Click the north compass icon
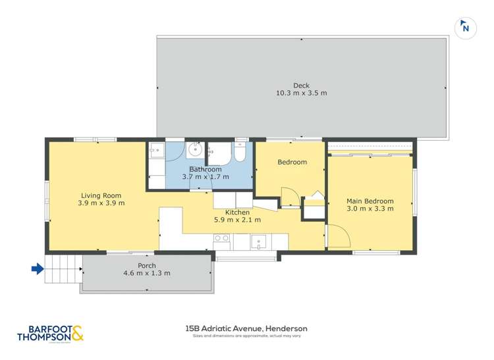click(x=466, y=27)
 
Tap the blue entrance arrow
click(x=38, y=268)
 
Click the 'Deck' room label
click(x=301, y=85)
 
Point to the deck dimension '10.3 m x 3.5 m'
click(x=301, y=93)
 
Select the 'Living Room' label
click(x=101, y=195)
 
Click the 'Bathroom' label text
click(x=206, y=169)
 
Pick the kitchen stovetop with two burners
click(x=221, y=238)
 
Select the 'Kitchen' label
click(x=237, y=212)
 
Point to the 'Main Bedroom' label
click(x=370, y=201)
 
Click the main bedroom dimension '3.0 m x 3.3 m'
click(x=370, y=209)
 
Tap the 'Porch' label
click(x=146, y=265)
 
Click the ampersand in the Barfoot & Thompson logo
click(x=77, y=334)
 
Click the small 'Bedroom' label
click(x=292, y=162)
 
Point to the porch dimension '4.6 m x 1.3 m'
click(x=146, y=273)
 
